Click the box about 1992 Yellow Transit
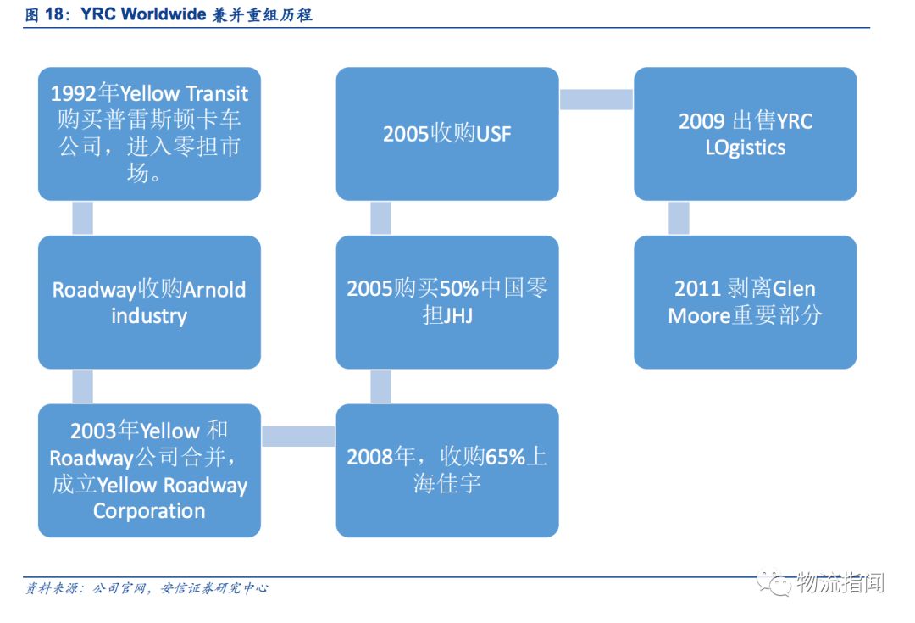149,134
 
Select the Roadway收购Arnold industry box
149,302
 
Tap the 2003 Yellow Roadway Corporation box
149,470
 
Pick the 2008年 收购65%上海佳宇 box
447,470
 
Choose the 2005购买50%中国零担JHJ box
447,302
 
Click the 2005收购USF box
447,134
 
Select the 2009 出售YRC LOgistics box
745,134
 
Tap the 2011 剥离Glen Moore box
745,302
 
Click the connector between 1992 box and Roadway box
82,218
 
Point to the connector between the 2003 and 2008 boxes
298,436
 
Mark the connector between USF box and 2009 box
596,99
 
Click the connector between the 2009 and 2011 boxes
679,218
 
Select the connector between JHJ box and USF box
380,218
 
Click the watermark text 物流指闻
840,583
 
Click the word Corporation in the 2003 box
149,511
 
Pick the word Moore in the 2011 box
699,315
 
